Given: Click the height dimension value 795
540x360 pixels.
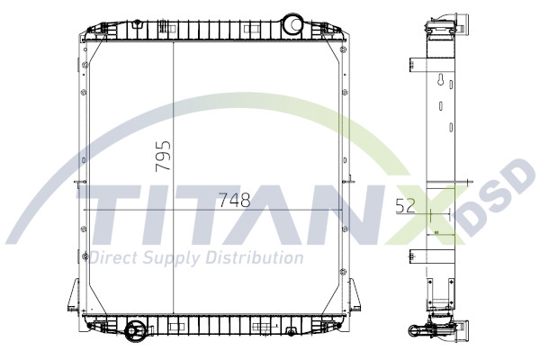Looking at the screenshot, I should tap(163, 156).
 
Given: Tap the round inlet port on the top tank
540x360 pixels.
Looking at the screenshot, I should tap(292, 22).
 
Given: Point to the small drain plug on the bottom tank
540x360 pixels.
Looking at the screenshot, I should tap(289, 334).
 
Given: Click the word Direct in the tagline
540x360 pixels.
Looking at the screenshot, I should tap(112, 258).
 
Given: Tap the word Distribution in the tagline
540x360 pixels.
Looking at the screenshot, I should tap(253, 258).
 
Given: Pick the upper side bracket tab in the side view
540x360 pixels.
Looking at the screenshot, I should tap(417, 66).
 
